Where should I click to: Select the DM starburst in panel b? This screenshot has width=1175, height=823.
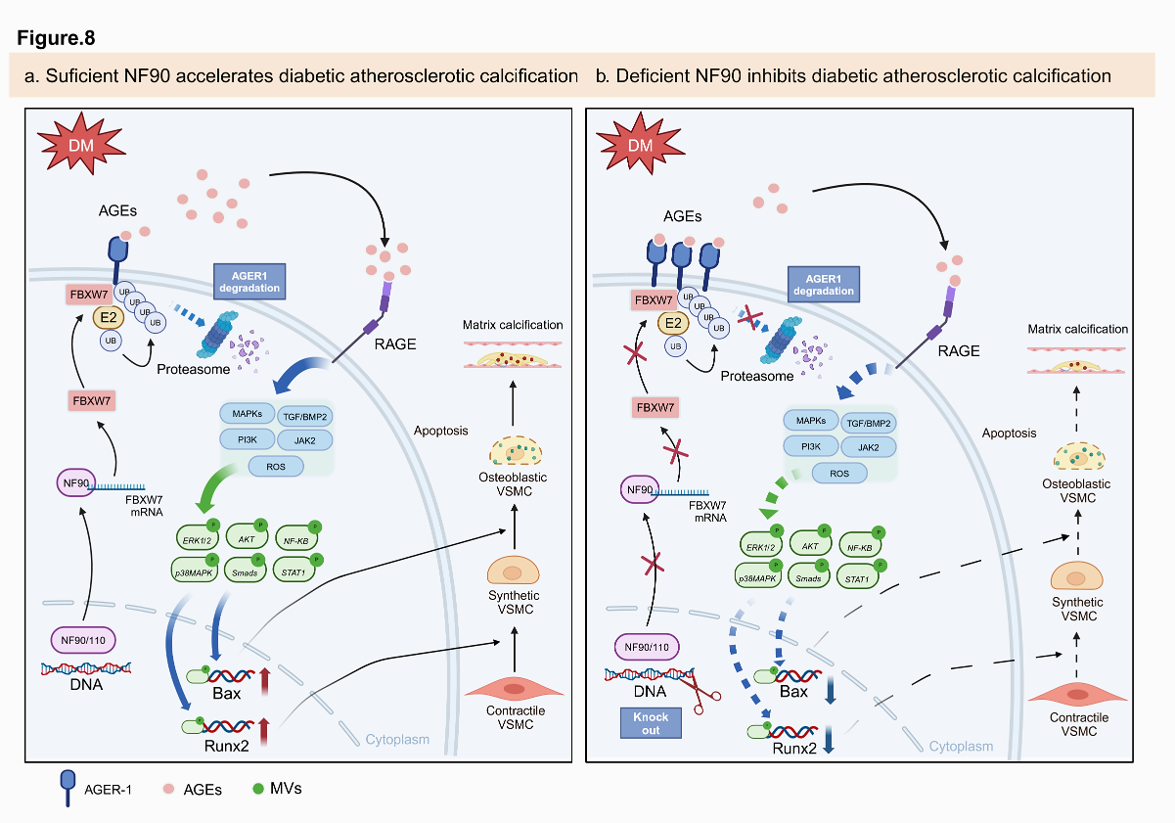coord(641,146)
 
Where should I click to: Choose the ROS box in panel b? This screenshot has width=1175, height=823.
coord(840,474)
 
